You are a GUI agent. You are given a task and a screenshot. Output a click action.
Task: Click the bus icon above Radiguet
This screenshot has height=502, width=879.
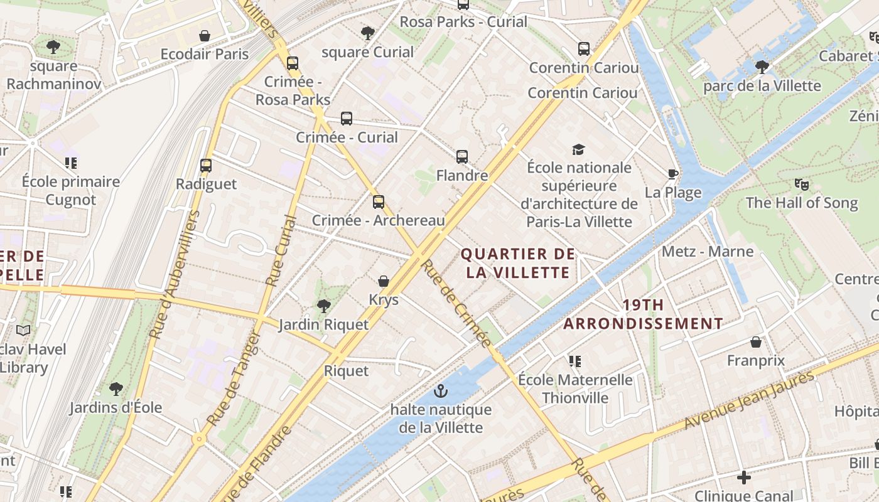[x=206, y=166]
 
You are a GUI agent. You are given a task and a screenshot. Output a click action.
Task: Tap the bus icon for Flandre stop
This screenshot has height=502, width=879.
[x=462, y=157]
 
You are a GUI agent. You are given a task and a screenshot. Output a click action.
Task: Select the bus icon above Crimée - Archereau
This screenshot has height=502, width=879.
[x=378, y=202]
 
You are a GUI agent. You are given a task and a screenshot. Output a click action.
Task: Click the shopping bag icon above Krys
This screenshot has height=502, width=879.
[x=384, y=281]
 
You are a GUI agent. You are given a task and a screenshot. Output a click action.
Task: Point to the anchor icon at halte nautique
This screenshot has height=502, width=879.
[x=441, y=392]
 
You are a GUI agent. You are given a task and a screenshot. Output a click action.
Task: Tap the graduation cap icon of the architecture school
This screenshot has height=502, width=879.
[x=578, y=149]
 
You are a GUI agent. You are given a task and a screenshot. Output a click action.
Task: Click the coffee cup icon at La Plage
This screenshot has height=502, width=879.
[x=673, y=174]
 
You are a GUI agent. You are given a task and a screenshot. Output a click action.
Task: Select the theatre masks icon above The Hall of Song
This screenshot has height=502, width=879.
[x=801, y=184]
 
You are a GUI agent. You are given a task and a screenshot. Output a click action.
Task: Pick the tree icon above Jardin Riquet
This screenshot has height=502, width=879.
[x=323, y=306]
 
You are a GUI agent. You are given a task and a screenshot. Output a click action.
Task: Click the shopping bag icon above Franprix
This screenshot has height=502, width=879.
[x=756, y=342]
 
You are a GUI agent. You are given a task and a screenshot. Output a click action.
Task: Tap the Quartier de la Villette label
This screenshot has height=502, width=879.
[x=517, y=264]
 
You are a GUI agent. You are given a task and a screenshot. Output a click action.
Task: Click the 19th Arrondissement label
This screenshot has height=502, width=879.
[x=643, y=314]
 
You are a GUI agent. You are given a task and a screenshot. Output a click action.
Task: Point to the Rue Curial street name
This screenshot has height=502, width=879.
[x=280, y=251]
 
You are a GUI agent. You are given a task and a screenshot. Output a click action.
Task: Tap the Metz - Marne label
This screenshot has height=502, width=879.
[x=708, y=252]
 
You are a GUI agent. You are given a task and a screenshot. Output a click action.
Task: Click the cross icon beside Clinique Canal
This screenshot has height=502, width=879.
[x=744, y=478]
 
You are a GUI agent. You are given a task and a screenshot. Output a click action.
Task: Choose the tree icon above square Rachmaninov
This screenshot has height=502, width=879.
[x=53, y=46]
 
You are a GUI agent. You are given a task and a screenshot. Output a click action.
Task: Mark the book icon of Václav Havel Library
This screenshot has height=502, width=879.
[x=23, y=330]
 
